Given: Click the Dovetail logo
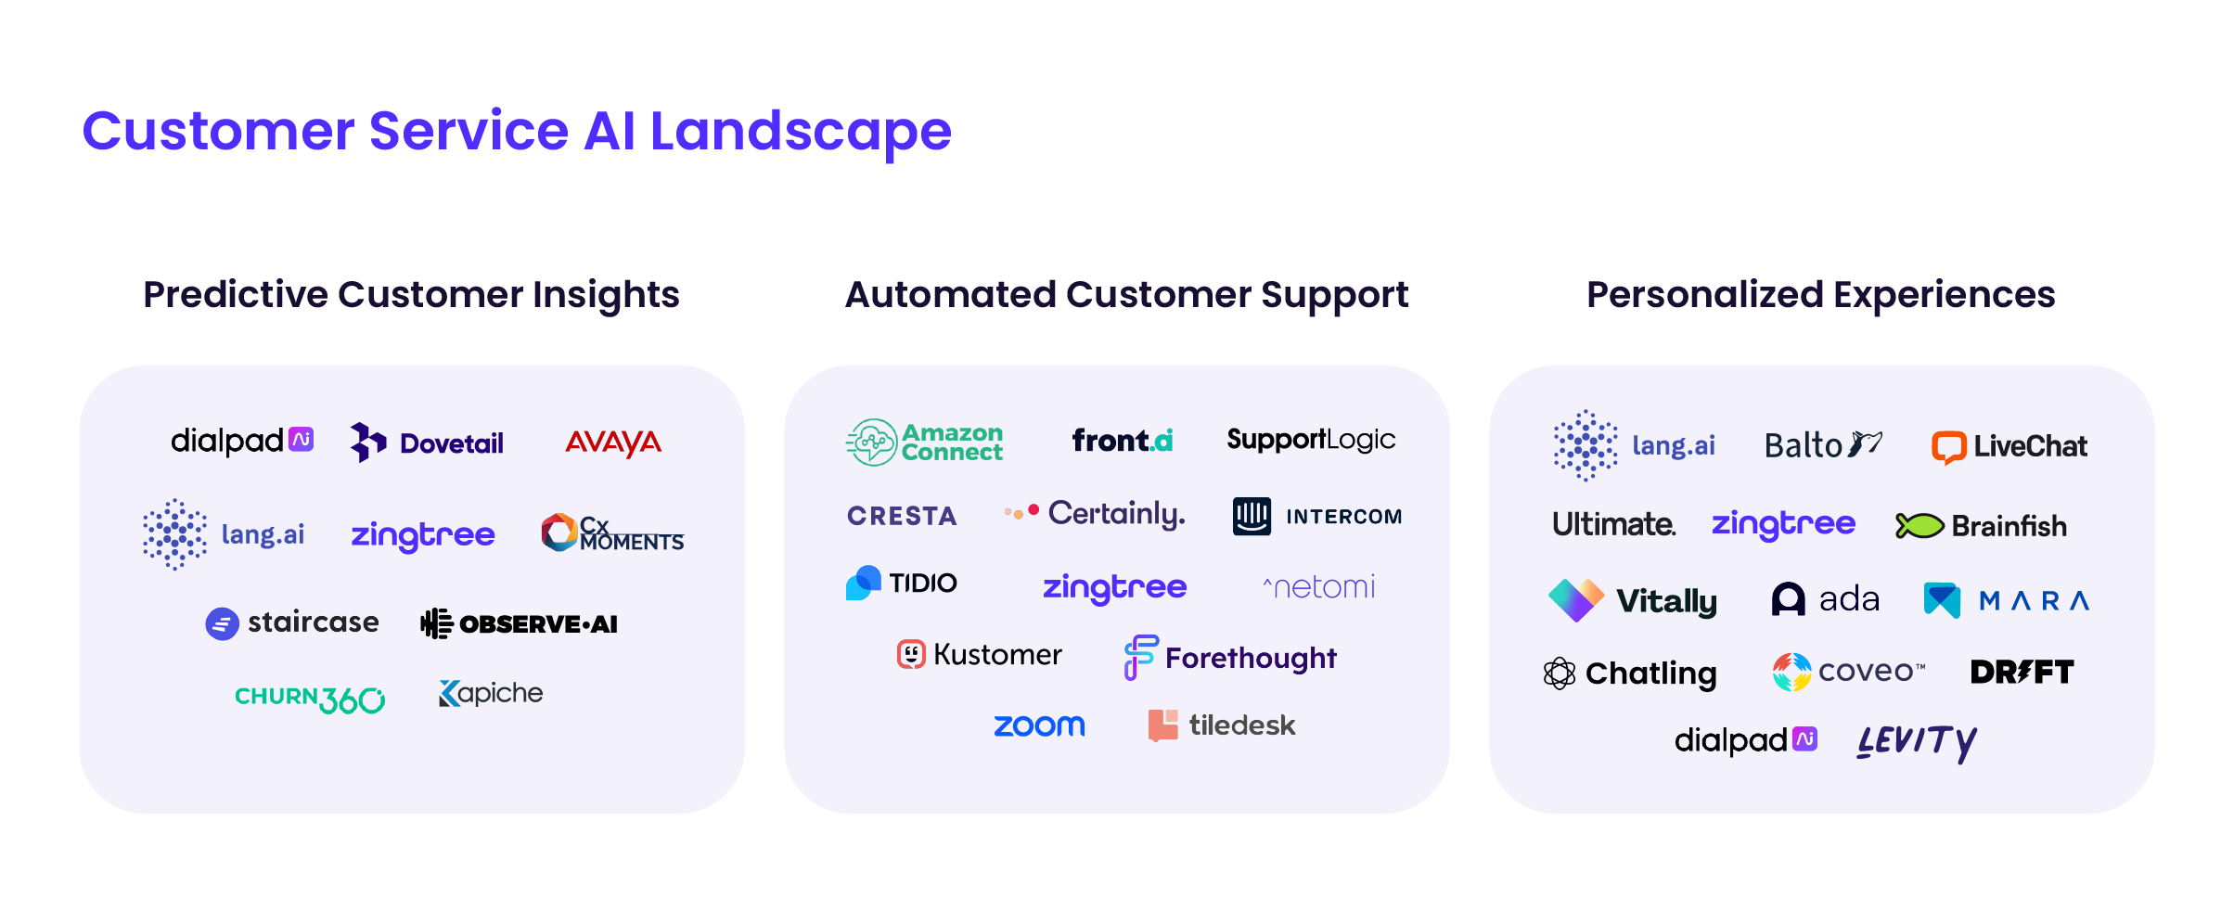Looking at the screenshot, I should tap(427, 443).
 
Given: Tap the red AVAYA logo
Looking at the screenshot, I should tap(613, 443).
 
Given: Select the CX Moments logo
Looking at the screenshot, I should tap(612, 533).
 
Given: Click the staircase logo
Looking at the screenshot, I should tap(292, 622).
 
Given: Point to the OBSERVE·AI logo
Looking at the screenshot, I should tap(520, 623).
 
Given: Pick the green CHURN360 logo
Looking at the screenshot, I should tap(310, 698).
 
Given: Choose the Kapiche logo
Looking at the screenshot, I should tap(491, 694).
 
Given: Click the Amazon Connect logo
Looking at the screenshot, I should tap(925, 443).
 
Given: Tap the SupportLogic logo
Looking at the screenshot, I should tap(1311, 440).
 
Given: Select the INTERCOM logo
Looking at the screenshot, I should tap(1317, 516).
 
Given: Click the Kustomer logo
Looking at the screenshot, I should tap(979, 655).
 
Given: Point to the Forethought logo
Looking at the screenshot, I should tap(1230, 658).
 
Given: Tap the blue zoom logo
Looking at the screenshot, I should tap(1039, 725).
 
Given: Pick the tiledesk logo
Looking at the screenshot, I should tap(1222, 725).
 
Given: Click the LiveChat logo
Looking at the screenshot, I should tap(2009, 446).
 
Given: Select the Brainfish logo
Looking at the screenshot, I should tap(1981, 526).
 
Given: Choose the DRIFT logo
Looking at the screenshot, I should tap(2022, 672).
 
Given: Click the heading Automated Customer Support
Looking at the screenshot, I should tap(1126, 295).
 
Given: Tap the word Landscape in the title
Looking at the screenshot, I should tap(801, 131).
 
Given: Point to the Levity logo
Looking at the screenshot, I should tap(1917, 741).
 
